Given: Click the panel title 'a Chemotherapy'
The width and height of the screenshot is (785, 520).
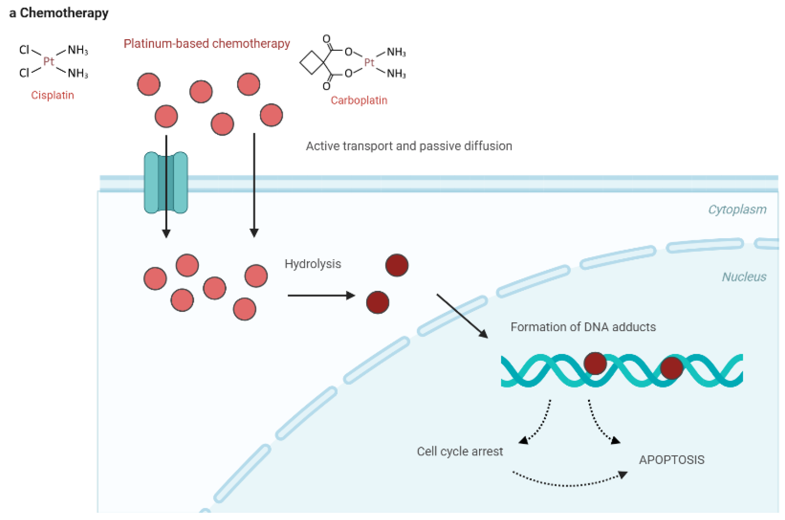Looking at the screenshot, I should pyautogui.click(x=59, y=13).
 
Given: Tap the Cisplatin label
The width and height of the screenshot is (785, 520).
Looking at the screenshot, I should pyautogui.click(x=53, y=95).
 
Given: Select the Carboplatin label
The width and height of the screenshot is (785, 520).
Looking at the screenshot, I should pyautogui.click(x=359, y=101).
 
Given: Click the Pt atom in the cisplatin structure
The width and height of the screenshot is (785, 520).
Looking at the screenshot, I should pyautogui.click(x=48, y=62).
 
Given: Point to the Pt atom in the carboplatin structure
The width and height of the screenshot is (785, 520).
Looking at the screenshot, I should pyautogui.click(x=369, y=63).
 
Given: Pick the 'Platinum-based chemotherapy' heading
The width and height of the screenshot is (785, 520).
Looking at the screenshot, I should pyautogui.click(x=207, y=44).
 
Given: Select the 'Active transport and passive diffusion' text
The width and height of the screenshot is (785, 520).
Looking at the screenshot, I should pyautogui.click(x=409, y=146).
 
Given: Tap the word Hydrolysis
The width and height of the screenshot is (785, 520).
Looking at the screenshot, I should pyautogui.click(x=313, y=264).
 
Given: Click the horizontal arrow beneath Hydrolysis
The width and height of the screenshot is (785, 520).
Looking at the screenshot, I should pyautogui.click(x=321, y=296).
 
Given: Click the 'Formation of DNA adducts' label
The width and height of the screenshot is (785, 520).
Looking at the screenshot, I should pyautogui.click(x=583, y=327).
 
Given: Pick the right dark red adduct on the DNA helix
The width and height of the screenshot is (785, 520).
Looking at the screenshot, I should pyautogui.click(x=671, y=368).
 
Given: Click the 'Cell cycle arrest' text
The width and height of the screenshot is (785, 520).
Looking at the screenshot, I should pyautogui.click(x=459, y=451).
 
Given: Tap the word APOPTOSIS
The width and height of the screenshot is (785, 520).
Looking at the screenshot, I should pyautogui.click(x=671, y=460).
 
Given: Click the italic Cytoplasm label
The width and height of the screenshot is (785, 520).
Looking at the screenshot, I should pyautogui.click(x=737, y=210).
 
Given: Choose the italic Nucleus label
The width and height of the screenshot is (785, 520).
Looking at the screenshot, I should pyautogui.click(x=744, y=277).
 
